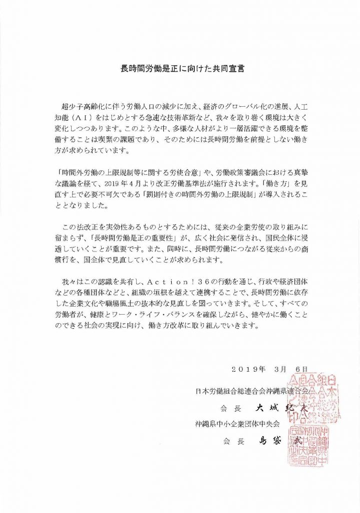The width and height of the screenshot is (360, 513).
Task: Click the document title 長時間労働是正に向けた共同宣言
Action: coord(180,67)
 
